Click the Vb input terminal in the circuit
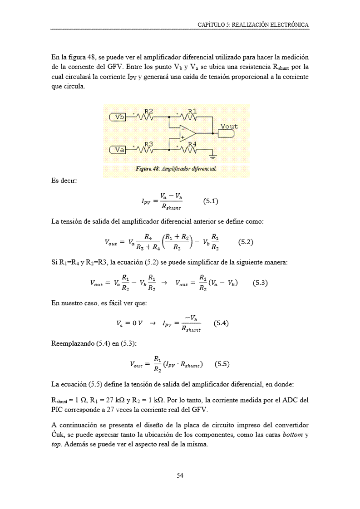coord(117,117)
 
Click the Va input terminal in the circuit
coord(117,149)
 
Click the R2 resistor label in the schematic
coord(148,111)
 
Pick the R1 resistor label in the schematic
coord(192,111)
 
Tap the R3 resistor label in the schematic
coord(148,144)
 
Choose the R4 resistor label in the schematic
coord(192,144)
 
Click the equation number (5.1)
coord(210,201)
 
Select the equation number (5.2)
coord(245,242)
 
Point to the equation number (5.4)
coord(221,323)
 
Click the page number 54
coord(180,475)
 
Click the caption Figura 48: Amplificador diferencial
coord(176,169)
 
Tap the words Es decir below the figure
coord(64,181)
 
